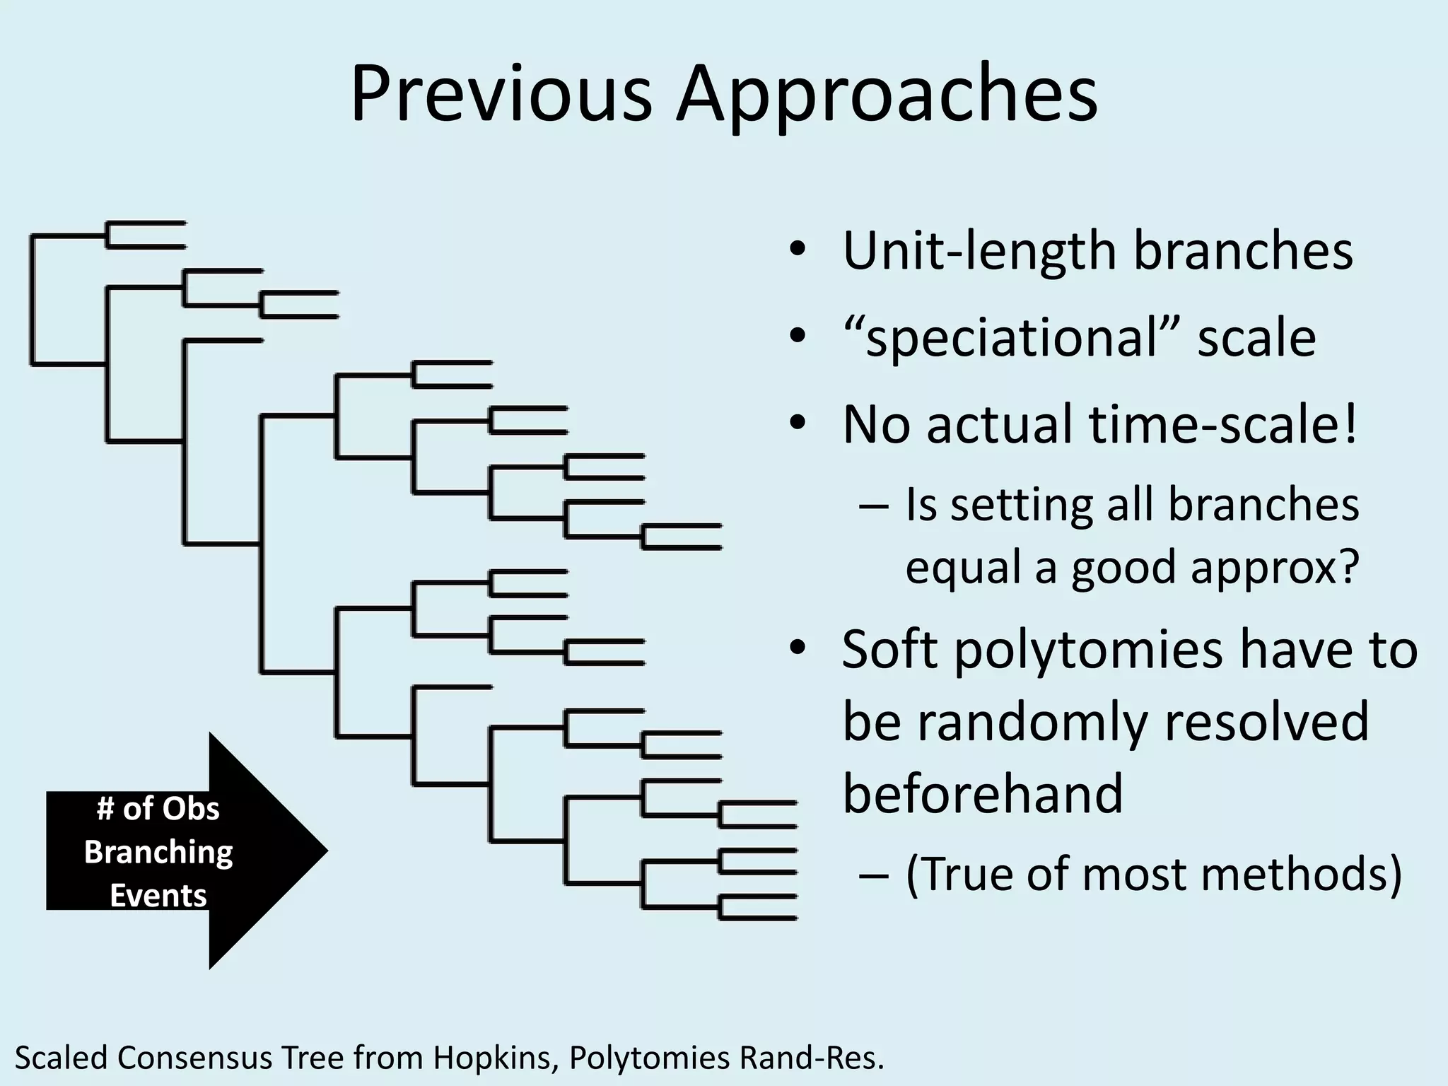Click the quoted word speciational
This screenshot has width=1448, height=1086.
(x=1011, y=339)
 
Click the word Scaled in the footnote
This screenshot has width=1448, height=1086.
(x=62, y=1058)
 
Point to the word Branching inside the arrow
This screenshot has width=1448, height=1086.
(x=158, y=853)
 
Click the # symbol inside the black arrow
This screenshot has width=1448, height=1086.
(x=105, y=809)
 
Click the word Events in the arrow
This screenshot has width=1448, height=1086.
(x=158, y=897)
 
